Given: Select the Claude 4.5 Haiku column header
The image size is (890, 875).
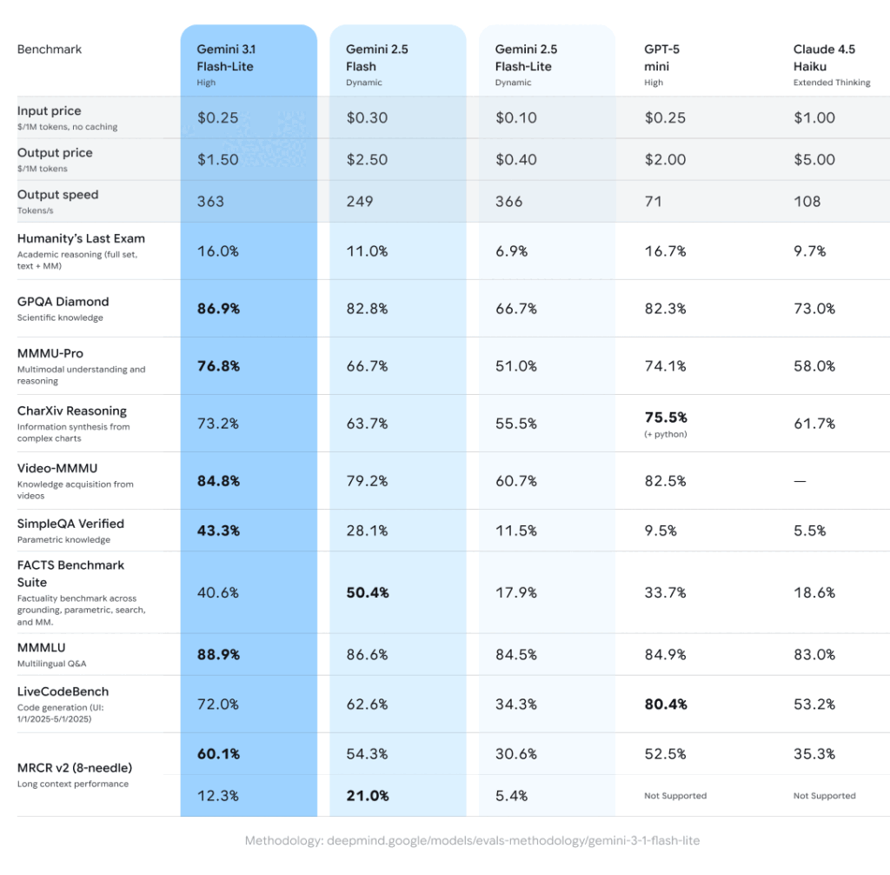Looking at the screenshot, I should coord(824,57).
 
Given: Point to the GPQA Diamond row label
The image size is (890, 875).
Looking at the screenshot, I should coord(63,302).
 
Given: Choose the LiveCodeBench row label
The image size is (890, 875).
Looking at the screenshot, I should coord(63,691).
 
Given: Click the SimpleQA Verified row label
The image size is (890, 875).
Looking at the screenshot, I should coord(70,524).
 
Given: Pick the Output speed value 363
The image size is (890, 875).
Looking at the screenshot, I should coord(210,202).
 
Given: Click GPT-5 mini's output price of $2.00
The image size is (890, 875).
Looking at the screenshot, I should coord(665,160).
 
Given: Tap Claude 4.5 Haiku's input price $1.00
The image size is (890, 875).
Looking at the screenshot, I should coord(814,117).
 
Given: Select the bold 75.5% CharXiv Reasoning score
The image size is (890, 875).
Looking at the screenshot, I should coord(665,417).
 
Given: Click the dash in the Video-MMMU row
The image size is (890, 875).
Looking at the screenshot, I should coord(800,481).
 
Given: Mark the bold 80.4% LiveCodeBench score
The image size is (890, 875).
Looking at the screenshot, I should coord(665,704).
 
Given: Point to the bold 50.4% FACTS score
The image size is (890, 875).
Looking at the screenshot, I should coord(368,593).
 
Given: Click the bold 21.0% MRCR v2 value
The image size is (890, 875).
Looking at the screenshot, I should coord(368,796).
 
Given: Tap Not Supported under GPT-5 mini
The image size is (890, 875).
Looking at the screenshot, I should coord(675,796).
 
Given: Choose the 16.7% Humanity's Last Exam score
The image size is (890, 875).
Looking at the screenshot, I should coord(665,251).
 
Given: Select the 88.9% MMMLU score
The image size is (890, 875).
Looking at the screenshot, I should coord(218,655).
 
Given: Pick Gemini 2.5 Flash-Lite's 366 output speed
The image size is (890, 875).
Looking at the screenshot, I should coord(509,202).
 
